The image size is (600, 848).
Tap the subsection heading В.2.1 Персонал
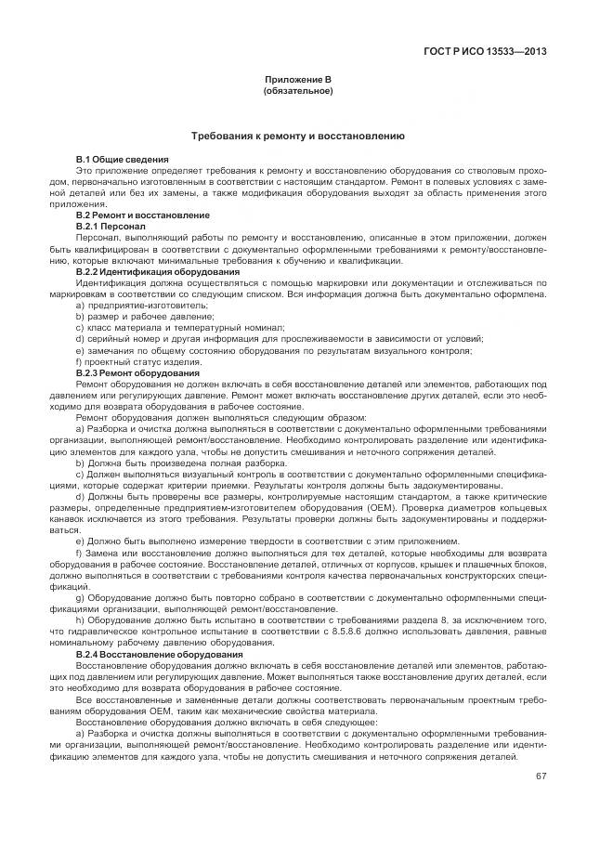point(110,226)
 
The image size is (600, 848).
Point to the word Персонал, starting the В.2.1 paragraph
point(96,238)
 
